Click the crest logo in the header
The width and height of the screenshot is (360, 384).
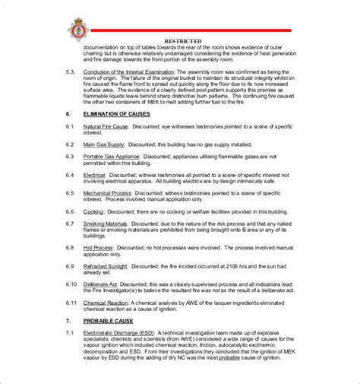77,30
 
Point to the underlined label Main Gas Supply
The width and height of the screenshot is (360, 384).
103,143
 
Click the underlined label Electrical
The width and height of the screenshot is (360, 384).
95,175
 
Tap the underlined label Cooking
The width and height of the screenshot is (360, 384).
93,212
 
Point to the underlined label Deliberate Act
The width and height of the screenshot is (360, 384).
102,282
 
